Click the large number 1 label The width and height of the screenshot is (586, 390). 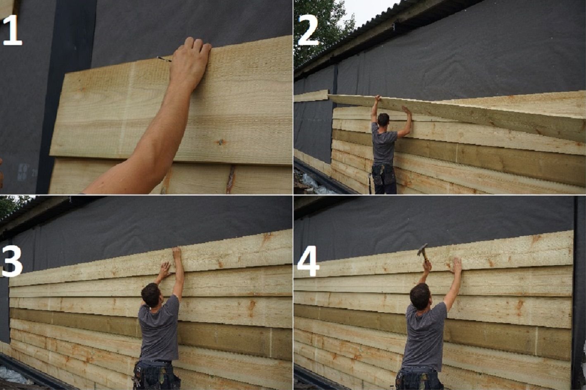(x=12, y=30)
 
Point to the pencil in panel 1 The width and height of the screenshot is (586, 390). (x=164, y=59)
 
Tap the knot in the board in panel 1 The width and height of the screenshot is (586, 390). (x=221, y=142)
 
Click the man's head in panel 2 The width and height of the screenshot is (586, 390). (x=383, y=120)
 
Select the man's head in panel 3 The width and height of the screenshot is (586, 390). (x=151, y=295)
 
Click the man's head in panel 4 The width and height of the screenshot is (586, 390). (x=420, y=296)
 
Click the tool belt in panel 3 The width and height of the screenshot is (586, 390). (x=156, y=374)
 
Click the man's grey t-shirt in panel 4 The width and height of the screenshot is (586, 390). (x=424, y=337)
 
